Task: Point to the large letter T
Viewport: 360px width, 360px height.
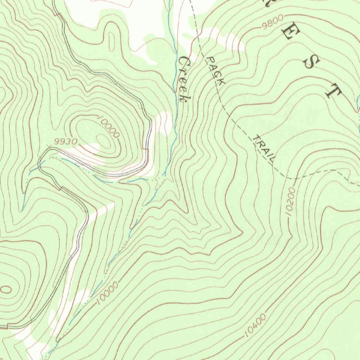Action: coord(333,91)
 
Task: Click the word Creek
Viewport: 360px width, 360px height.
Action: coord(184,80)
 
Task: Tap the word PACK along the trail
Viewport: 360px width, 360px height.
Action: coord(216,71)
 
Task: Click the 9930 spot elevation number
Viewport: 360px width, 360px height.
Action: coord(66,141)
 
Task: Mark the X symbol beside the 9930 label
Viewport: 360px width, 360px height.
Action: coord(48,146)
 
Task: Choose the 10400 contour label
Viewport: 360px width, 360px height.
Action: coord(255,326)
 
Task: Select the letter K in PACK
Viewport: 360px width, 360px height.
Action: coord(221,82)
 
